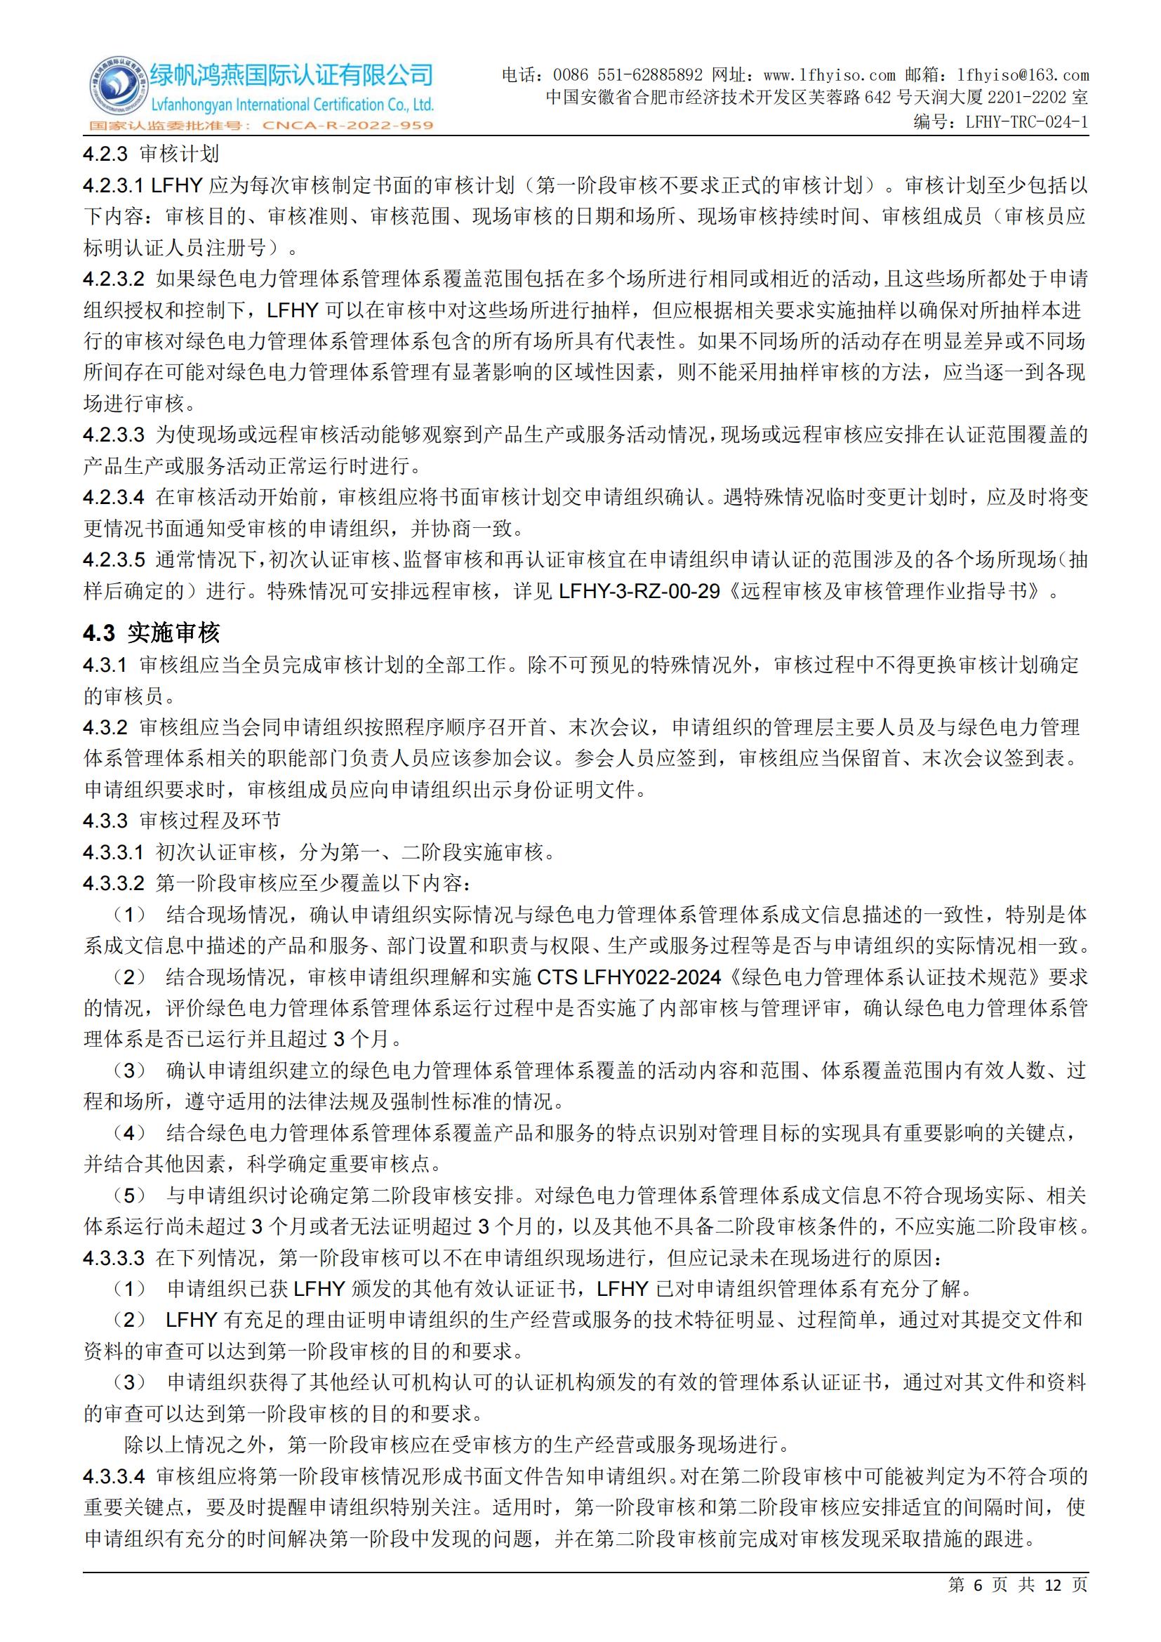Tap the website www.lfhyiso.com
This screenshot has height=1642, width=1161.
[x=829, y=75]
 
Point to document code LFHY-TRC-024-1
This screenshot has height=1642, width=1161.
[x=1027, y=122]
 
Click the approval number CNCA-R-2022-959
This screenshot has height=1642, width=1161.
[x=348, y=126]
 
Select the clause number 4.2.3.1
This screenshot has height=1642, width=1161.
[x=113, y=185]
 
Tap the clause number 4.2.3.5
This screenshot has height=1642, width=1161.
[x=113, y=560]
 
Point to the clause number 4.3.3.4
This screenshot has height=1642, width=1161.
[x=113, y=1476]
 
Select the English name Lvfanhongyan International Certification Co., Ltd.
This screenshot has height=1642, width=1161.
[x=291, y=105]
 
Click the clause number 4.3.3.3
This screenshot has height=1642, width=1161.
[x=113, y=1257]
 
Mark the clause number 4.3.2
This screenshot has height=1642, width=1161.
[x=105, y=727]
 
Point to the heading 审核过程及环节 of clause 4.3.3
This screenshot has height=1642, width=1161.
[x=209, y=820]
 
